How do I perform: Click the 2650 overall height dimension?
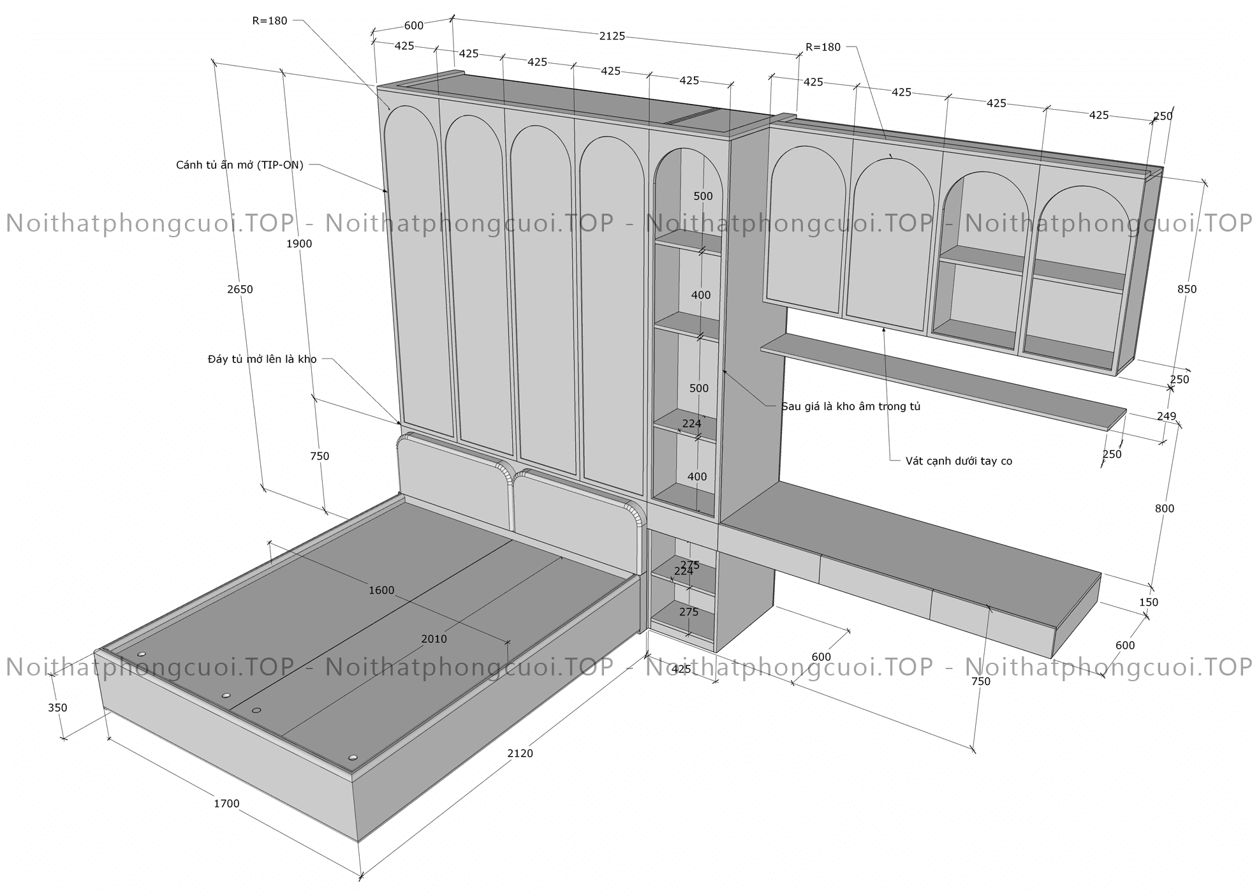pyautogui.click(x=240, y=289)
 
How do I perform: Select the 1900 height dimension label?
pyautogui.click(x=299, y=243)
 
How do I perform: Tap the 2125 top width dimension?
pyautogui.click(x=612, y=36)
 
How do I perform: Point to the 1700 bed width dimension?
pyautogui.click(x=226, y=803)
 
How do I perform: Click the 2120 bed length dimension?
pyautogui.click(x=520, y=753)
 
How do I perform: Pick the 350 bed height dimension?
pyautogui.click(x=57, y=707)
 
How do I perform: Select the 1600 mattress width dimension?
pyautogui.click(x=381, y=590)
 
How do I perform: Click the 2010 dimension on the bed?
pyautogui.click(x=434, y=638)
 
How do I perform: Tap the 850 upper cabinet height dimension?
pyautogui.click(x=1186, y=289)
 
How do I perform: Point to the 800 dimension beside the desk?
pyautogui.click(x=1164, y=508)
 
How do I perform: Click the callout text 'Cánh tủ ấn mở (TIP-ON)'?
pyautogui.click(x=240, y=165)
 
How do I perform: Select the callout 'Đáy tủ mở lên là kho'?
pyautogui.click(x=262, y=359)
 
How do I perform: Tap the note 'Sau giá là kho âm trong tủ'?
pyautogui.click(x=851, y=406)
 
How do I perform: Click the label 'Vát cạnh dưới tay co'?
pyautogui.click(x=959, y=461)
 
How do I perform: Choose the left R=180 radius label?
pyautogui.click(x=270, y=20)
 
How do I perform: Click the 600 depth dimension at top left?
pyautogui.click(x=414, y=26)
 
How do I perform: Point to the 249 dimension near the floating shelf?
pyautogui.click(x=1166, y=417)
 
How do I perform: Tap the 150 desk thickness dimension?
pyautogui.click(x=1148, y=601)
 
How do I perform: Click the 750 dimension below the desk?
pyautogui.click(x=980, y=681)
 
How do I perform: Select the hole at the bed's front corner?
pyautogui.click(x=353, y=757)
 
